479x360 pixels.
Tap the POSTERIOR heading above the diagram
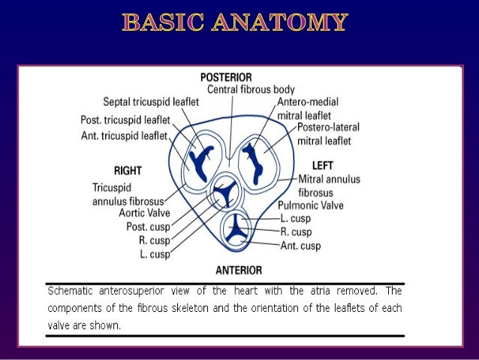click(x=226, y=77)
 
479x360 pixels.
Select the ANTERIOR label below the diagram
click(x=239, y=270)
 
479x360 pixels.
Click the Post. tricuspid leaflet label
click(x=125, y=120)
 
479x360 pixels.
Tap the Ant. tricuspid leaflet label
click(x=125, y=135)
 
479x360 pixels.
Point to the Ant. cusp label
click(x=300, y=246)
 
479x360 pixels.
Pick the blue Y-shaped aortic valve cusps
click(x=224, y=194)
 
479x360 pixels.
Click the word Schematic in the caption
click(x=68, y=290)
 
